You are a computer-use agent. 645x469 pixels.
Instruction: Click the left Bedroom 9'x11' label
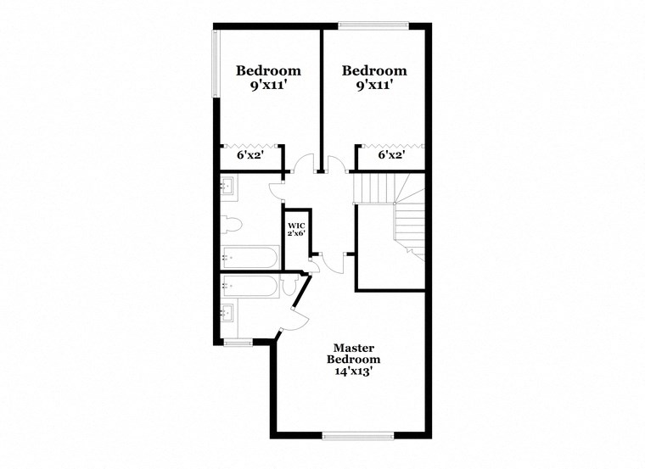[x=268, y=78]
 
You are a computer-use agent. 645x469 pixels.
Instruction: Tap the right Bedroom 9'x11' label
[x=374, y=78]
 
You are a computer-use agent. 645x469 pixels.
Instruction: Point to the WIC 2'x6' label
[x=295, y=229]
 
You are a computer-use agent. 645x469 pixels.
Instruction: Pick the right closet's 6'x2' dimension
[x=390, y=156]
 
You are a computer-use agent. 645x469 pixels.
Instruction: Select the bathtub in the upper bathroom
[x=250, y=256]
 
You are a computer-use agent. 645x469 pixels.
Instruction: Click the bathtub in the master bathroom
[x=250, y=286]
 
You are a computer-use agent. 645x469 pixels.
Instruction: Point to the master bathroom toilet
[x=289, y=288]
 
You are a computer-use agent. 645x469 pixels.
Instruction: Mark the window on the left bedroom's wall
[x=215, y=64]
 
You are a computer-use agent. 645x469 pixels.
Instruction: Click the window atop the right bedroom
[x=373, y=25]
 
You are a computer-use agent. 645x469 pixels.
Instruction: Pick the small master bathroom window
[x=238, y=342]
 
